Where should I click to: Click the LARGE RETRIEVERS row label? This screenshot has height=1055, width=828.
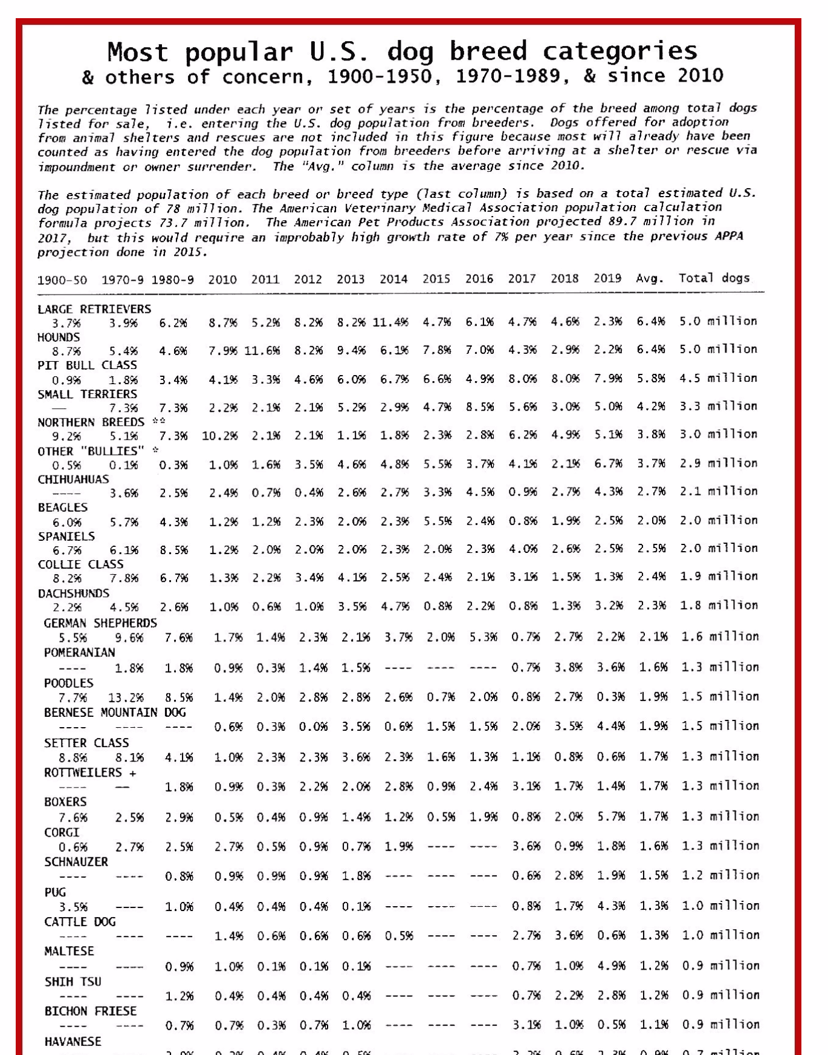coord(94,309)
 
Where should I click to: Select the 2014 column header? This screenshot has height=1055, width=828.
coord(393,279)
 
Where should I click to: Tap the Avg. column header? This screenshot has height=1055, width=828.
coord(650,279)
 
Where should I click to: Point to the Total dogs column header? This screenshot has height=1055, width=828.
coord(714,278)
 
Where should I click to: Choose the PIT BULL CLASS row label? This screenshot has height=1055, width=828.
coord(87,365)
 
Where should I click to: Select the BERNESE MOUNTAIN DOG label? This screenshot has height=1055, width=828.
coord(115,713)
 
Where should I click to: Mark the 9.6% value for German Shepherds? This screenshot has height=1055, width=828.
coord(129,638)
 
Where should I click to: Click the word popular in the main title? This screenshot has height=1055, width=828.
coord(239,52)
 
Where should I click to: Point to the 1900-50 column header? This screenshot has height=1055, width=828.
coord(62,280)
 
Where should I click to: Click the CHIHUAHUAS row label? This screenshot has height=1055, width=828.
coord(73,479)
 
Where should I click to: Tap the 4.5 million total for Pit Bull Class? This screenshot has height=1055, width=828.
coord(718,379)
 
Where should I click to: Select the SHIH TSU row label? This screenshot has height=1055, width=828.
coord(73,981)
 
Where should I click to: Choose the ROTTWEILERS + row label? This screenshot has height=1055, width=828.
coord(90,772)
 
